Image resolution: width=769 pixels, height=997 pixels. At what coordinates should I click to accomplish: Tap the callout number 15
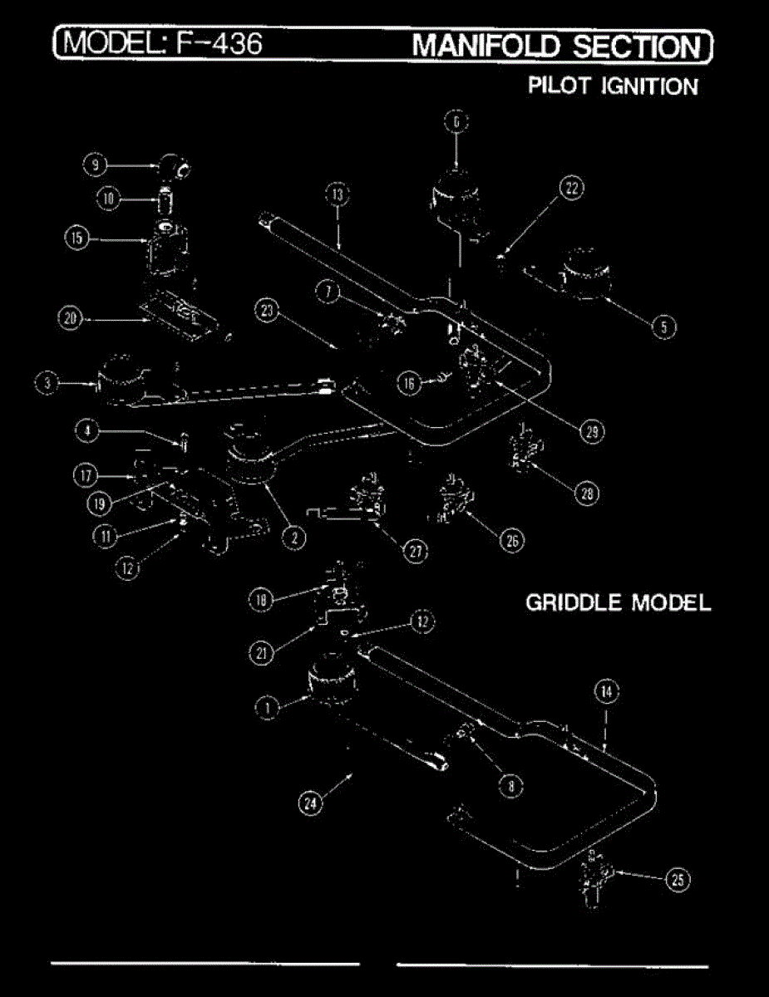tap(76, 238)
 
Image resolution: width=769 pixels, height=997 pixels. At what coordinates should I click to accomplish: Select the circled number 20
tap(71, 317)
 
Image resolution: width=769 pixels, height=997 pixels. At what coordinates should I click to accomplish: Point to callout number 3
tap(47, 384)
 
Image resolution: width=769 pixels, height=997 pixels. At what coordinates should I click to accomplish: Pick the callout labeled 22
tap(571, 189)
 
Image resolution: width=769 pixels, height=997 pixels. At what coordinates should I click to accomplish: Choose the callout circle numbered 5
tap(663, 327)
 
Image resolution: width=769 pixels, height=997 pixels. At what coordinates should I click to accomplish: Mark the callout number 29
tap(592, 431)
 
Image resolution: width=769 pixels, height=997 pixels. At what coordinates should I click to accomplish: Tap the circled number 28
tap(587, 493)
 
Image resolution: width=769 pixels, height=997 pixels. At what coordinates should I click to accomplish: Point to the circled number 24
tap(310, 802)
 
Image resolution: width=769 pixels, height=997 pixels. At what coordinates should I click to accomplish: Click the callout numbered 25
tap(678, 882)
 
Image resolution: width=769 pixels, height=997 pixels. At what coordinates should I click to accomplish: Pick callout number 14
tap(606, 691)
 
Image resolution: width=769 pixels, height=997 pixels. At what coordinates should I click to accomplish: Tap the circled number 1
tap(267, 708)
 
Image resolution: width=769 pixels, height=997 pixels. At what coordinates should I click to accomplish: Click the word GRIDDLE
tap(574, 602)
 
